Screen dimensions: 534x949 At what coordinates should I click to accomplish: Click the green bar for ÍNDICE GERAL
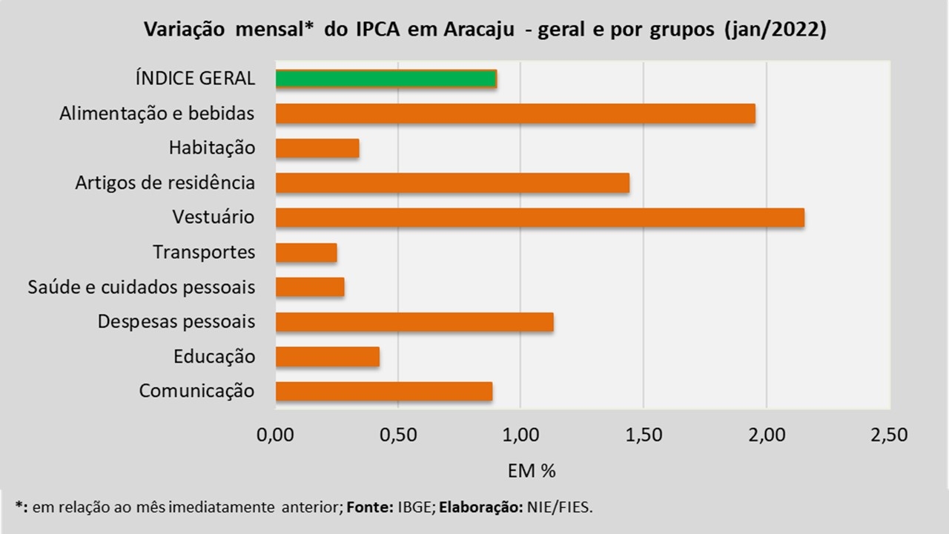click(386, 79)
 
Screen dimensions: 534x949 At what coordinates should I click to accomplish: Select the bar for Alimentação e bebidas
click(515, 113)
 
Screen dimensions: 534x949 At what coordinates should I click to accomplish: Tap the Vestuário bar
click(540, 217)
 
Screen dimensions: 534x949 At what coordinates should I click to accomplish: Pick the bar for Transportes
click(306, 252)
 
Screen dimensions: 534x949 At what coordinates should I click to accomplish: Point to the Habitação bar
click(317, 148)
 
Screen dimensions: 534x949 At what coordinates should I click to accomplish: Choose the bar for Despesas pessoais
click(414, 322)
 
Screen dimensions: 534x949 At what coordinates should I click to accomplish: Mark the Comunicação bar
click(384, 391)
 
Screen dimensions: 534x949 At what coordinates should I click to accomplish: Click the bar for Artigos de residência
click(452, 182)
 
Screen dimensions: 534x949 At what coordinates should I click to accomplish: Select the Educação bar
click(328, 357)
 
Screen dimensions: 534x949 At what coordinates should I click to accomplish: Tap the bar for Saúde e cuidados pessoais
click(310, 287)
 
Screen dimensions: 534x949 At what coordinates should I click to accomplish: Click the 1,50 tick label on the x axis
click(644, 435)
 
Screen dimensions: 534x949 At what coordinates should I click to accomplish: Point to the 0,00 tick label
click(275, 435)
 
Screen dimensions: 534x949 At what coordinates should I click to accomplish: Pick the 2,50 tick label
click(889, 435)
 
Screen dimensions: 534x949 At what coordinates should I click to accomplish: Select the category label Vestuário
click(214, 217)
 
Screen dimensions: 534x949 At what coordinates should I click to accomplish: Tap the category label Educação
click(214, 357)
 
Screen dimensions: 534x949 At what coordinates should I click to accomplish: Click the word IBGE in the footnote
click(411, 507)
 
